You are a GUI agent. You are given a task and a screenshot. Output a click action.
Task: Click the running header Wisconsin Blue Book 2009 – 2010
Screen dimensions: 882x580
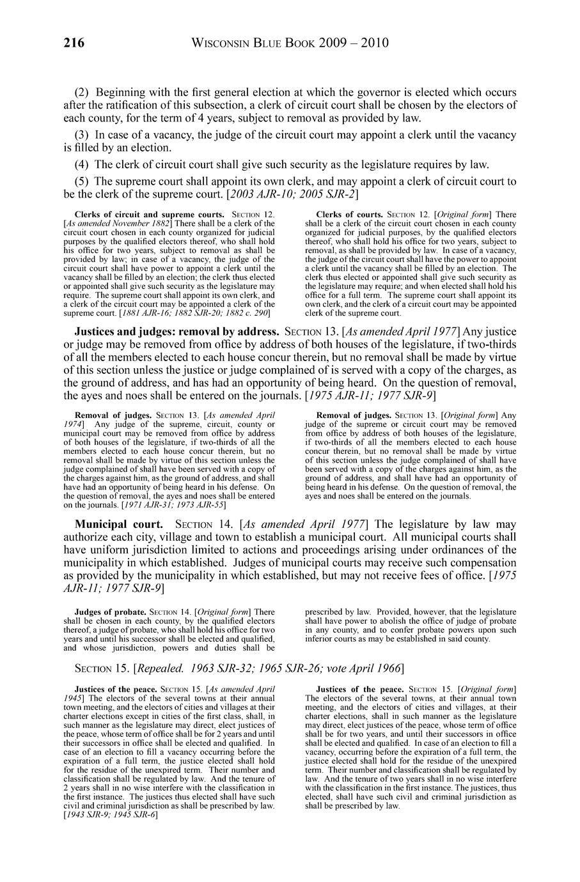[290, 43]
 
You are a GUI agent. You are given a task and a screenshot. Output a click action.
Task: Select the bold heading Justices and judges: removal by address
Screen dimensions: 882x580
[177, 332]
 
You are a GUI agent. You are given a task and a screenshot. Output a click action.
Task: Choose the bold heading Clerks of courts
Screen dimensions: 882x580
[350, 214]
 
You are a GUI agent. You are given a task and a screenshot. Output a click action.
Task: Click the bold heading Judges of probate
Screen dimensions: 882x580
[110, 612]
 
